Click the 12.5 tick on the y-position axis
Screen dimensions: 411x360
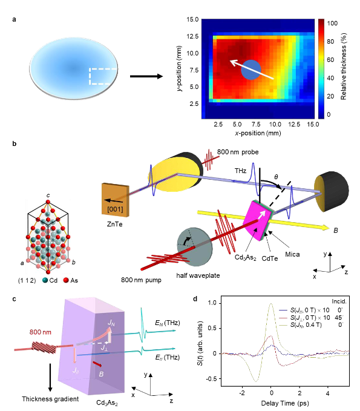[194, 36]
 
